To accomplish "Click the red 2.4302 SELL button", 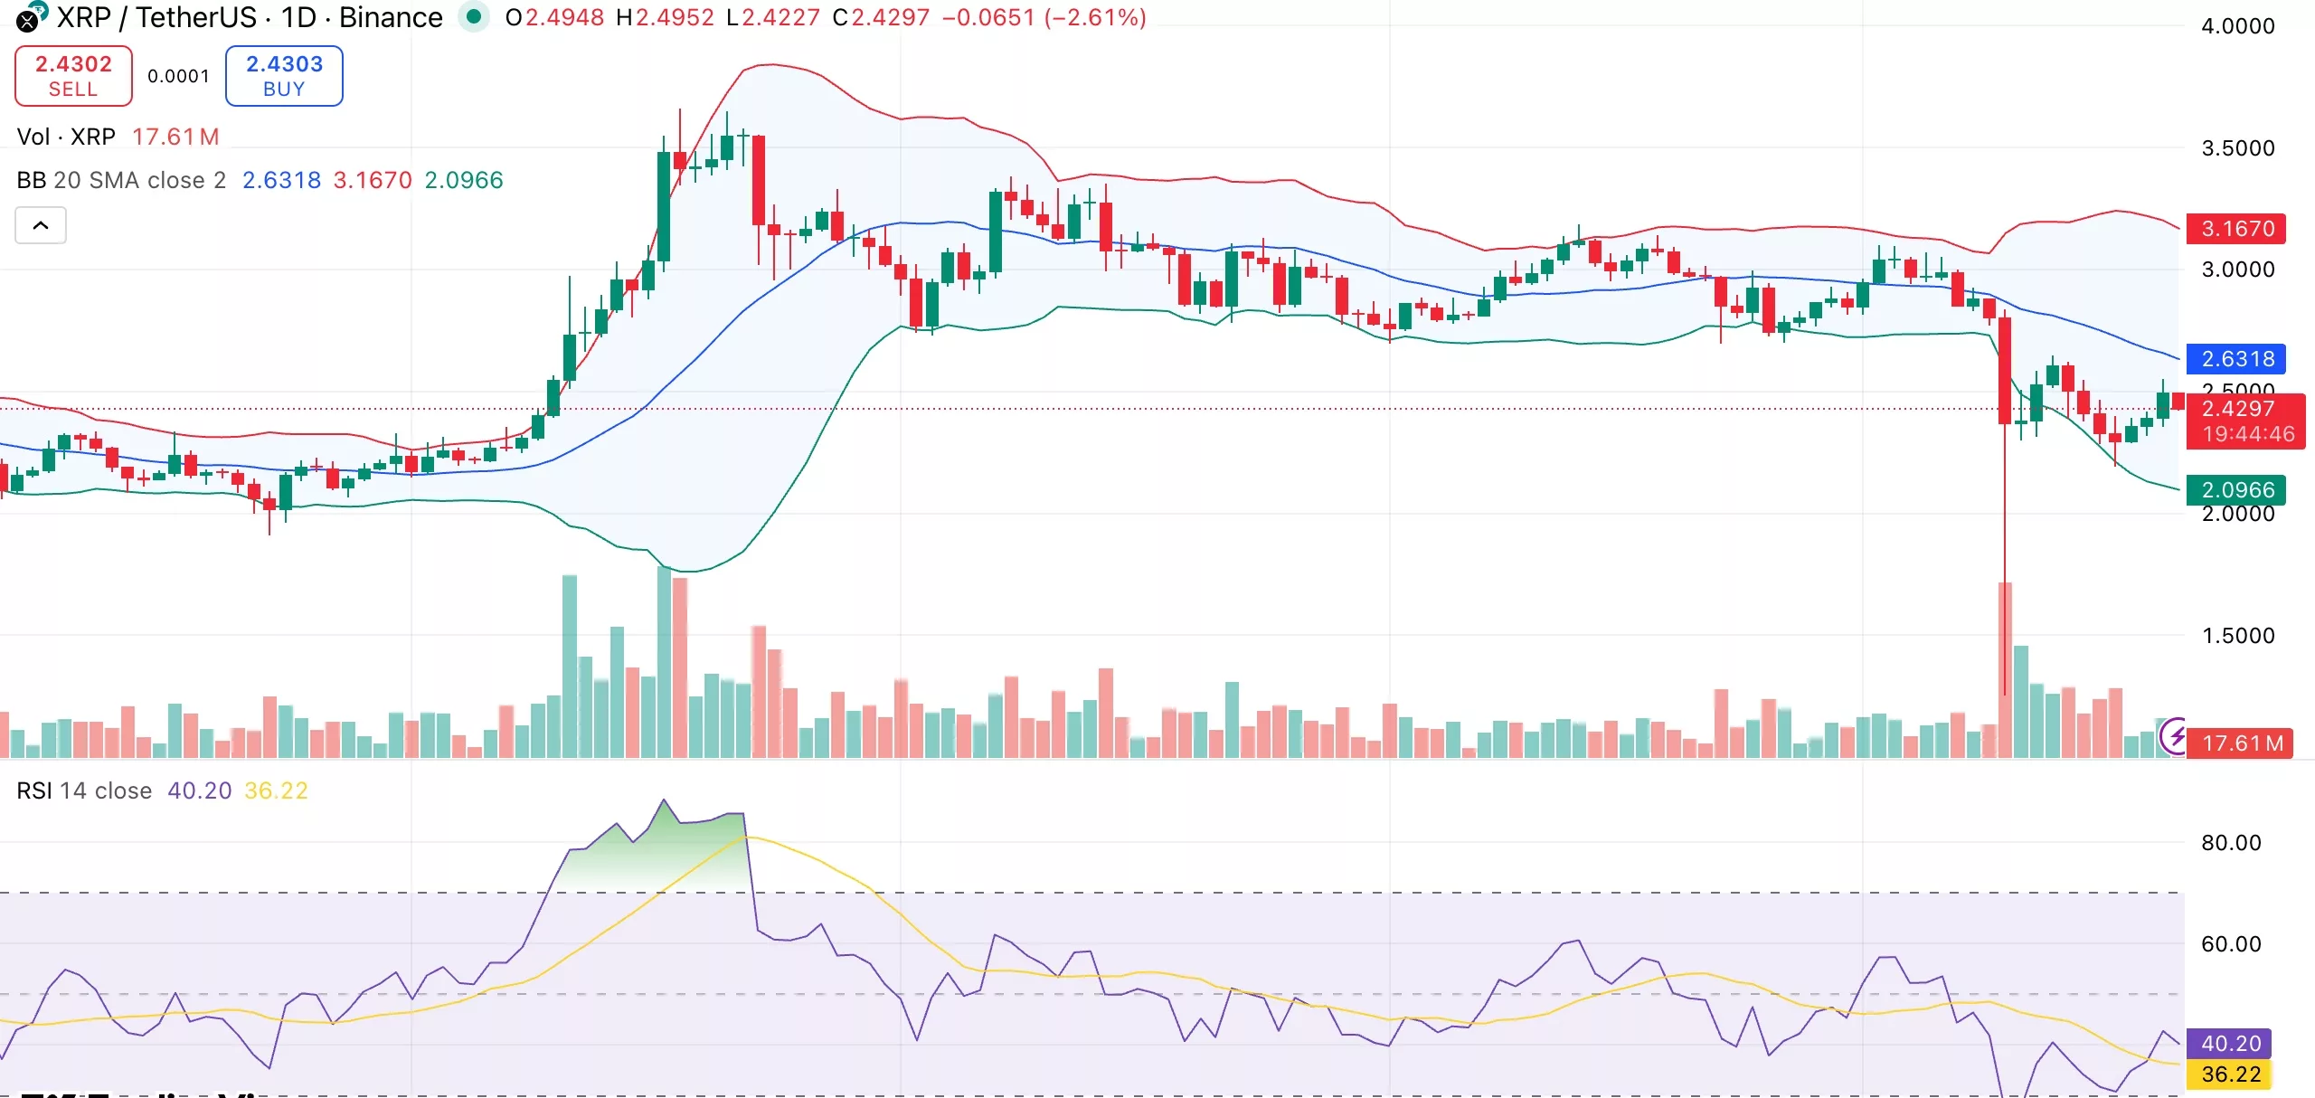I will tap(73, 76).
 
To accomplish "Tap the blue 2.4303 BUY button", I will tap(284, 76).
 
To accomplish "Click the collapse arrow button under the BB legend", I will tap(41, 225).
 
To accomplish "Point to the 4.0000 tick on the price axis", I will tap(2237, 26).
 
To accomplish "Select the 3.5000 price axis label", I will tap(2237, 148).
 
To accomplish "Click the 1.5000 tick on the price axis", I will tap(2237, 636).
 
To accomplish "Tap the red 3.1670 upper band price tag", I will tap(2236, 229).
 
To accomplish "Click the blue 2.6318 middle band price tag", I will tap(2236, 359).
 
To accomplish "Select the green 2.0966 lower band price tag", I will tap(2236, 490).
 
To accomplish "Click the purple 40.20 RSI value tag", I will tap(2230, 1044).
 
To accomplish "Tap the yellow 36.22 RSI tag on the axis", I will tap(2230, 1074).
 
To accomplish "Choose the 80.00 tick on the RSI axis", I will tap(2230, 843).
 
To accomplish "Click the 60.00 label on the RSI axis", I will tap(2230, 944).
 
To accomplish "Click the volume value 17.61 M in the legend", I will tap(175, 137).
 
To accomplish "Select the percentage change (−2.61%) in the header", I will tap(1095, 17).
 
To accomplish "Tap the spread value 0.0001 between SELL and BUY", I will tap(178, 76).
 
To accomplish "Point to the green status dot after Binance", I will tap(473, 16).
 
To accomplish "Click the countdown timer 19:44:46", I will tap(2247, 434).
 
